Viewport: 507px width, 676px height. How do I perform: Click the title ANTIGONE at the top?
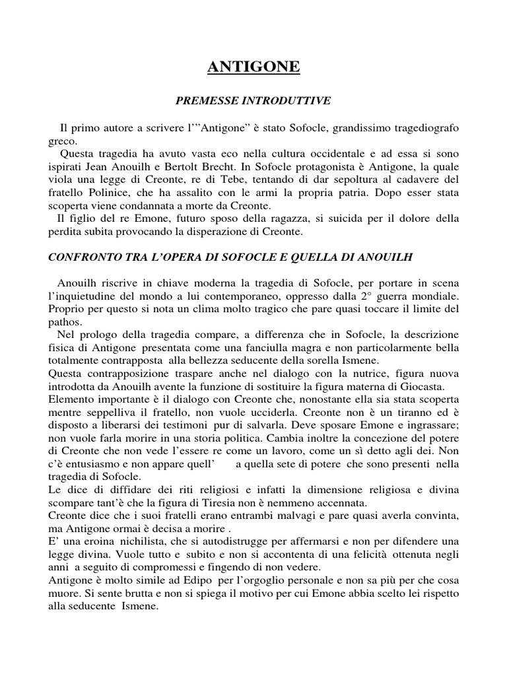(x=253, y=66)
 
